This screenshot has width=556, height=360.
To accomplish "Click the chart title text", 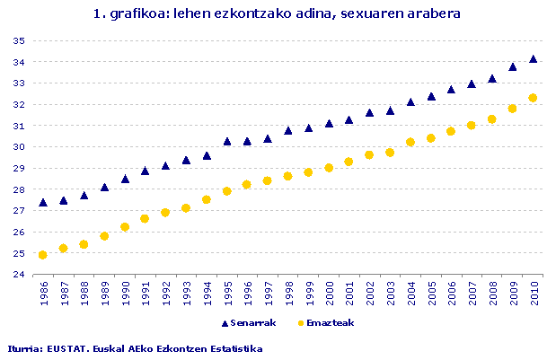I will (278, 14).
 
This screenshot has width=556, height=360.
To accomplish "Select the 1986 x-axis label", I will (43, 295).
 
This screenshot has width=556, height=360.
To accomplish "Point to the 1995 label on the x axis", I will (227, 295).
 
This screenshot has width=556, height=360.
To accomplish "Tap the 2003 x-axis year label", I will (391, 295).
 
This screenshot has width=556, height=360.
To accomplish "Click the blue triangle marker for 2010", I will (534, 59).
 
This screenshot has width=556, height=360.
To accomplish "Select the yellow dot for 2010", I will (534, 98).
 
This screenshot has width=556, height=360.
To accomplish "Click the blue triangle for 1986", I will (43, 203).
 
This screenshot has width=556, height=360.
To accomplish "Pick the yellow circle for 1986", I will (43, 255).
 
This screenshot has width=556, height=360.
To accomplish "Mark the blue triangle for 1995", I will (227, 141).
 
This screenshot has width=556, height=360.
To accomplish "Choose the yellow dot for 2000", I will (329, 168).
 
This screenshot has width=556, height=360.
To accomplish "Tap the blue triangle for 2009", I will (513, 66).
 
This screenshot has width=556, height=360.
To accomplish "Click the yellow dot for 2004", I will (410, 142).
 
